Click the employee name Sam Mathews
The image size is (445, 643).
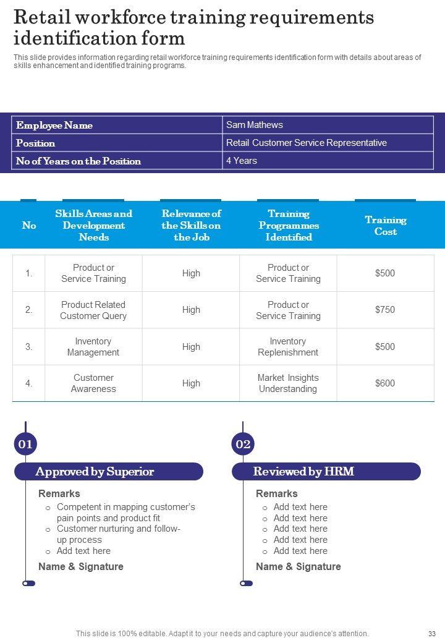tap(255, 125)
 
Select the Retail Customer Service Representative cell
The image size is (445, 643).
tap(306, 143)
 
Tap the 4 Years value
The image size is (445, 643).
tap(241, 161)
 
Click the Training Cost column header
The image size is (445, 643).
tap(385, 226)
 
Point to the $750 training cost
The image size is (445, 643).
tap(384, 310)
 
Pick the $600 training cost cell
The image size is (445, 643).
tap(384, 383)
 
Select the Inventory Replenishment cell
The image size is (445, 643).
tap(287, 347)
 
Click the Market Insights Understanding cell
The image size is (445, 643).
tap(287, 383)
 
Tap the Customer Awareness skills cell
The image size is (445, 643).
tap(93, 383)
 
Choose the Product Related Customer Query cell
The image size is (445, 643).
tap(93, 310)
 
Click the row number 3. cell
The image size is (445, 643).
tap(29, 347)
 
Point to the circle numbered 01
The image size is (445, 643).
tap(25, 444)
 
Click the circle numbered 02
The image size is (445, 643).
tap(243, 444)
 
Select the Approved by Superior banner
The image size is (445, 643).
tap(109, 472)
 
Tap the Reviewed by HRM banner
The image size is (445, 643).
tap(326, 472)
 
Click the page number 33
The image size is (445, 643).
tap(432, 634)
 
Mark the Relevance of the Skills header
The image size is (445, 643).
tap(191, 226)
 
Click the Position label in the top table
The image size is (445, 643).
tap(36, 143)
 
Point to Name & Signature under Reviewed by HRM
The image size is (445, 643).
tap(298, 566)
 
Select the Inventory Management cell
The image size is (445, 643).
tap(93, 347)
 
